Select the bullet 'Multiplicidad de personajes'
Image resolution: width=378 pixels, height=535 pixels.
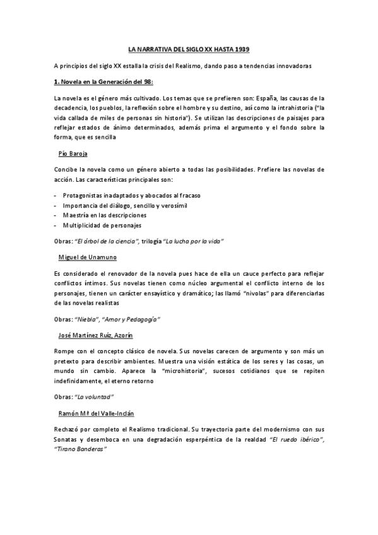(102, 225)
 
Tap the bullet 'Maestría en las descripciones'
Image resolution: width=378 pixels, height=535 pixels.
(105, 215)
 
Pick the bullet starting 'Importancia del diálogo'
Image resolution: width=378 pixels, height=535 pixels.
(124, 206)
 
